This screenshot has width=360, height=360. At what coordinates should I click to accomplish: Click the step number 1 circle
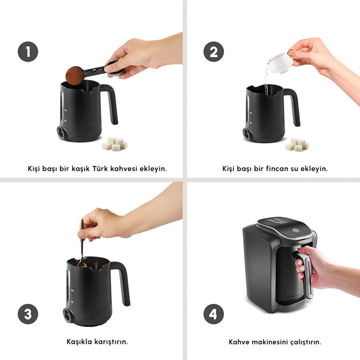point(28,52)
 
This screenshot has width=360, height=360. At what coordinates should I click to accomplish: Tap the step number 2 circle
point(213,52)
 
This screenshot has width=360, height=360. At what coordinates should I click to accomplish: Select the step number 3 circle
point(28,314)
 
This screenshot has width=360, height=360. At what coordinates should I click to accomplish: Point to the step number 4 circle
point(213,314)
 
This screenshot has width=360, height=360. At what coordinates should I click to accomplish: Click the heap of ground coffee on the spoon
point(75,75)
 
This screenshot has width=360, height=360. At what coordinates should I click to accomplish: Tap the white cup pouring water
point(279,61)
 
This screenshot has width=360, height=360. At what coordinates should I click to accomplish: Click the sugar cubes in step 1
point(114,144)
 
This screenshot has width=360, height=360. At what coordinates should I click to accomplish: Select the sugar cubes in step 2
point(297,144)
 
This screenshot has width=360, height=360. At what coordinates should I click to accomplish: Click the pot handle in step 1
point(110,102)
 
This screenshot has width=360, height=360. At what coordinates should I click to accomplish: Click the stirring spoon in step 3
point(81,245)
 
